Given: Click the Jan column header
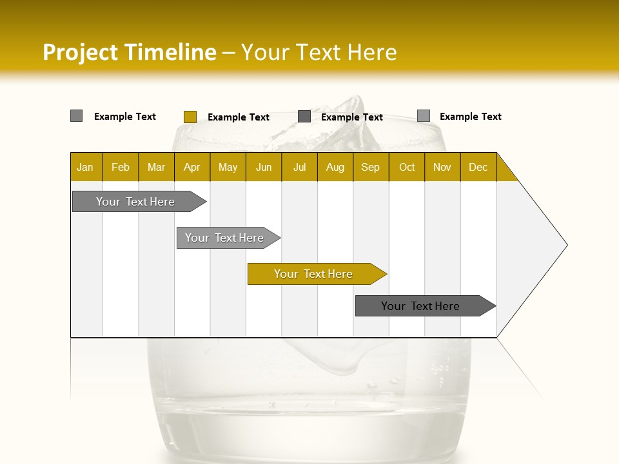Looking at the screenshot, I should point(85,167).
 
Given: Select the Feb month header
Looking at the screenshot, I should point(121,167).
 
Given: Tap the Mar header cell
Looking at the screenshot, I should point(156,167).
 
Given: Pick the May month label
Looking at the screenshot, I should point(228,167).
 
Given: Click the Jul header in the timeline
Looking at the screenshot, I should point(299,167).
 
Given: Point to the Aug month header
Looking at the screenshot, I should point(335,167).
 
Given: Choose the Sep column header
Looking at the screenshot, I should point(371,167).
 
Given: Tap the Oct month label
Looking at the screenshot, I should point(407,167).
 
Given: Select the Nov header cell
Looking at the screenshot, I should point(442,167).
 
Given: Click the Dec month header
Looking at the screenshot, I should point(478,167).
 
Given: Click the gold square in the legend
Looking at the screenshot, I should point(190,117).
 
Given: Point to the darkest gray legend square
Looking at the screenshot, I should point(304,116).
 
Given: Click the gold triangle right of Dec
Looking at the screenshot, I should point(504,172).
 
